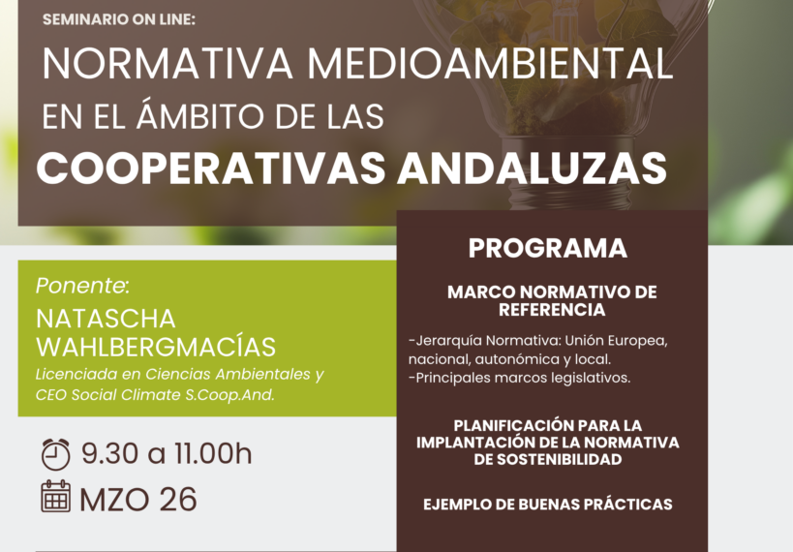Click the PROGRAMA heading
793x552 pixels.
547,248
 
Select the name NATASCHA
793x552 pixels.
106,320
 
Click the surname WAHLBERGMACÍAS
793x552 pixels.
156,347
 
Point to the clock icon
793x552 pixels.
56,454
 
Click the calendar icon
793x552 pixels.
56,498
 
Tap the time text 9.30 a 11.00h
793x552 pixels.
166,454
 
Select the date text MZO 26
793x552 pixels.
138,499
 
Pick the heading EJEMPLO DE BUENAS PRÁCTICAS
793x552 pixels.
547,505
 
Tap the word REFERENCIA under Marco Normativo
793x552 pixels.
552,310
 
